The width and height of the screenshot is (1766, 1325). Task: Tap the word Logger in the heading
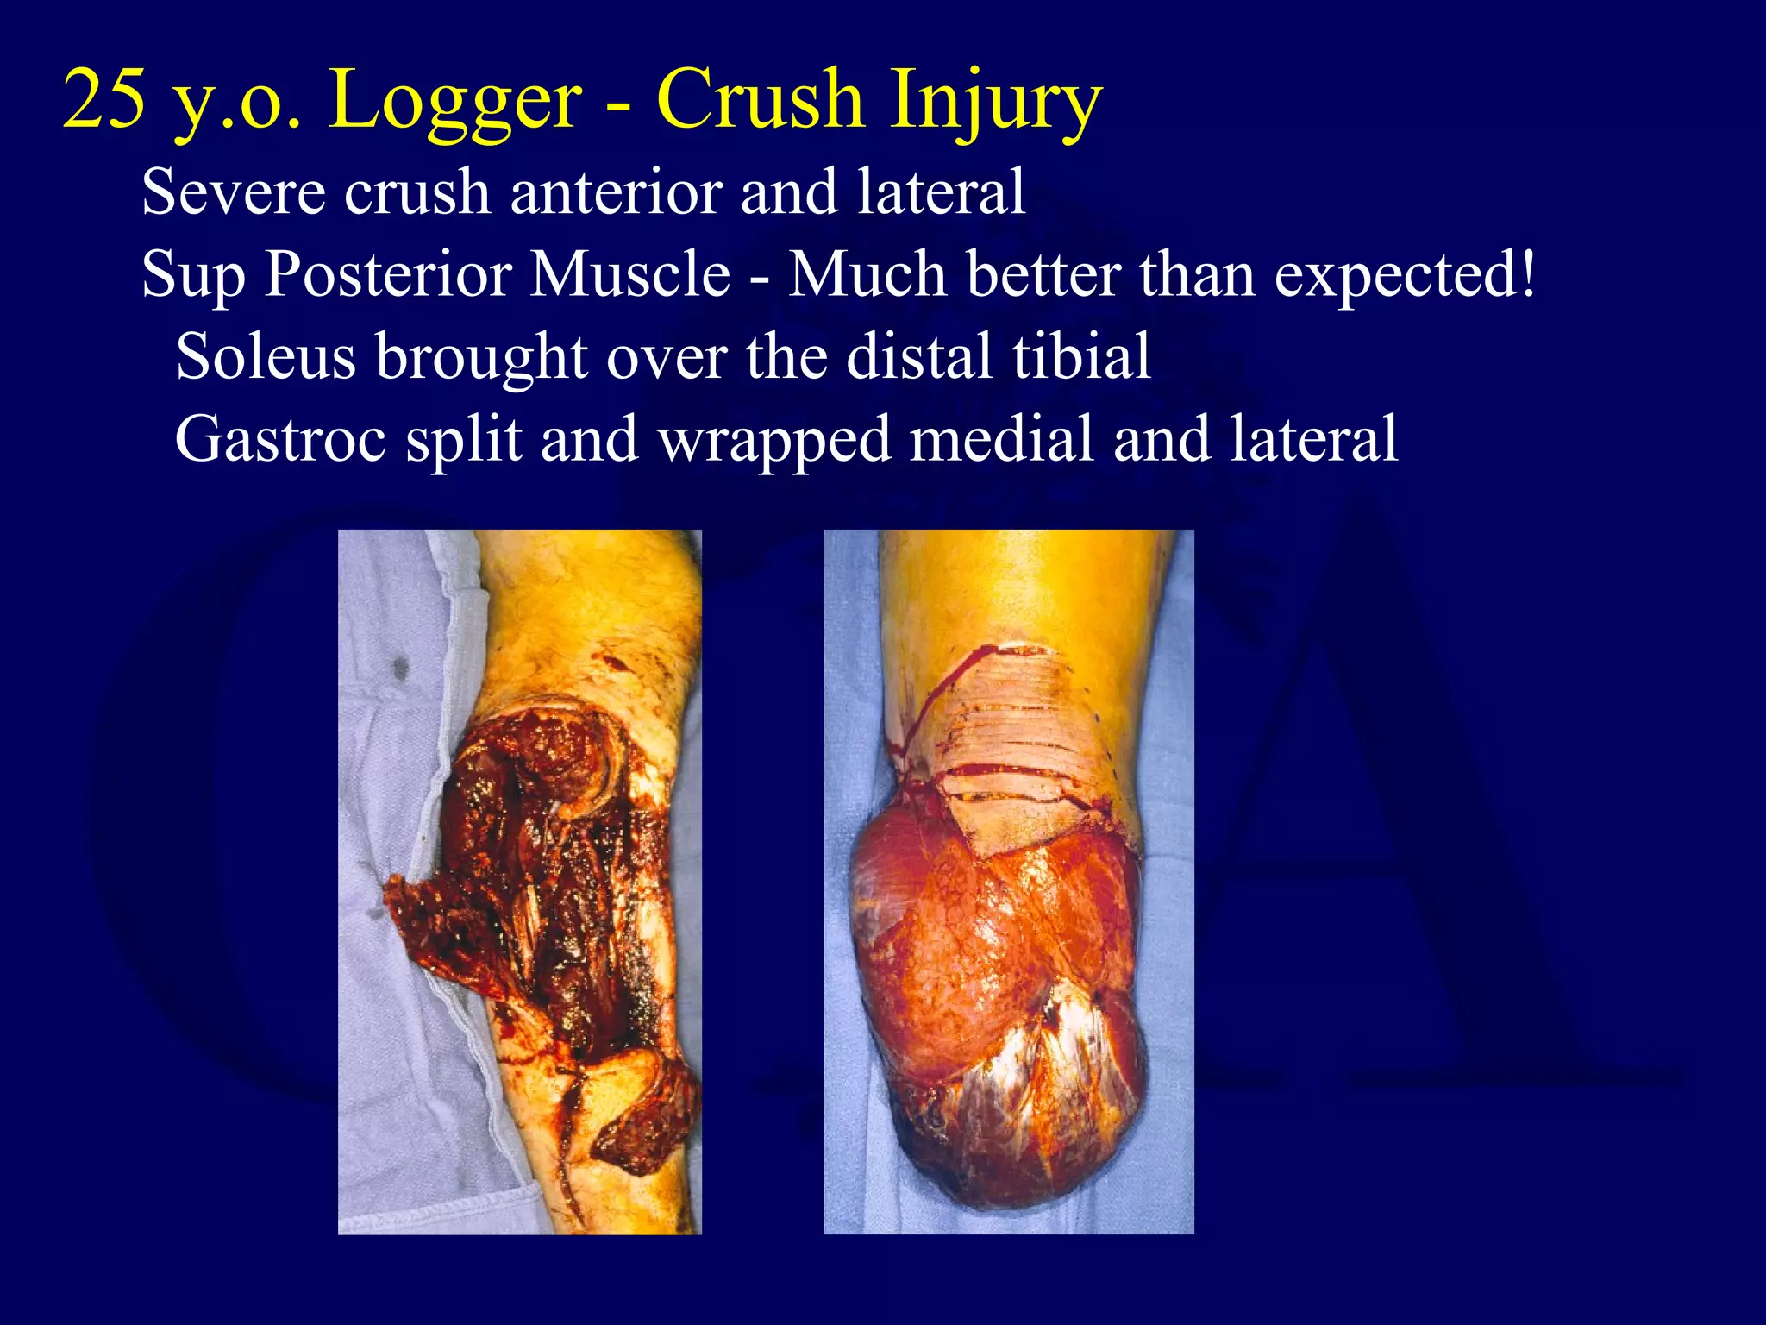[x=455, y=102]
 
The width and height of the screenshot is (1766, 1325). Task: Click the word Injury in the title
[x=996, y=102]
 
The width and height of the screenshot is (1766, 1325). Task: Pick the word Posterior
[x=387, y=274]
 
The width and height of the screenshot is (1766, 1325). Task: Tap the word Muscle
[x=630, y=274]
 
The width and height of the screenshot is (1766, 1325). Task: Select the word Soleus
[x=266, y=355]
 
